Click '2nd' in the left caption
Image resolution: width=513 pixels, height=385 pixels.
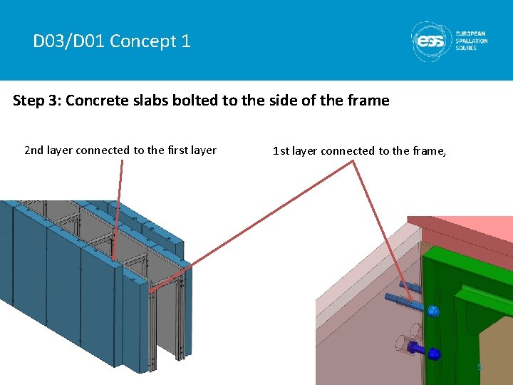34,150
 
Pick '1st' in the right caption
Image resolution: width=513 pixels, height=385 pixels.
281,150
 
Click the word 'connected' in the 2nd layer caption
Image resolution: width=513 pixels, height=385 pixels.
103,150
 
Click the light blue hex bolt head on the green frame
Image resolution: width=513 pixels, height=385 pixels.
434,311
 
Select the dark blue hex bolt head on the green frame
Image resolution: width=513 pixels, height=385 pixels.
434,353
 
